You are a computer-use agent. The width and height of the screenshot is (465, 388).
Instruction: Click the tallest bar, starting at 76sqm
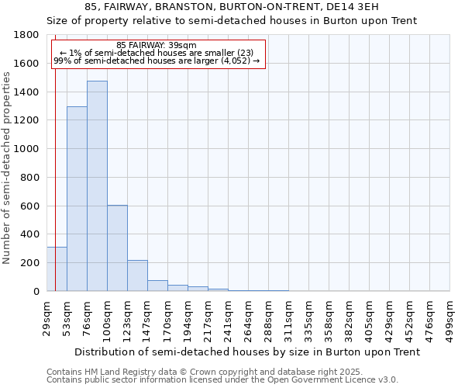coord(97,186)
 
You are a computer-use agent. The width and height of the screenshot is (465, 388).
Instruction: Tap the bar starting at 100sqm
coord(117,248)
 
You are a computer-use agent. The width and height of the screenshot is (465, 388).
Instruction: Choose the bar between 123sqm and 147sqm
coord(137,275)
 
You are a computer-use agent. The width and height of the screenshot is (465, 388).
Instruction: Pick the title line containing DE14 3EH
coord(232,7)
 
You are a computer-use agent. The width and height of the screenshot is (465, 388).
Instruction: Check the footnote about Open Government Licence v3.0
coord(222,380)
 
